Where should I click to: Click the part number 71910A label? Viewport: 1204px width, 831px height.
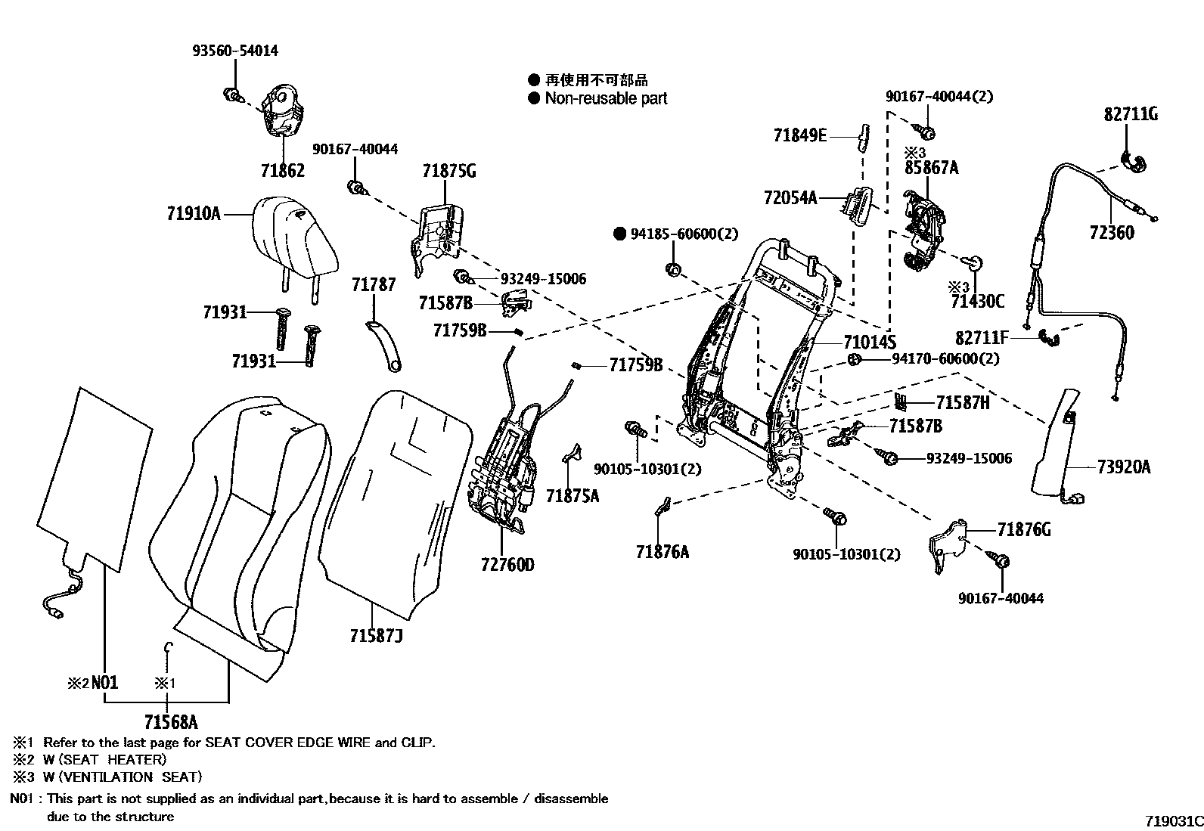(x=193, y=214)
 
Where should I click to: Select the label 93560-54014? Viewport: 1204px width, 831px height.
(x=234, y=51)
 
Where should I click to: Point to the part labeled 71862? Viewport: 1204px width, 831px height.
(x=281, y=113)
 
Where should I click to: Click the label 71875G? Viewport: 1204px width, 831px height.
(x=448, y=171)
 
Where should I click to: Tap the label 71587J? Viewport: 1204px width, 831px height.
(x=376, y=636)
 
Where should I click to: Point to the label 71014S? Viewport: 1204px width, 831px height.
(x=869, y=342)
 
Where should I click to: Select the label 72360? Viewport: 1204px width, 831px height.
(x=1112, y=232)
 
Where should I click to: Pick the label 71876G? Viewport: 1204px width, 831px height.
(x=1023, y=530)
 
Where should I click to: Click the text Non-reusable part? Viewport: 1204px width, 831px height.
(x=606, y=98)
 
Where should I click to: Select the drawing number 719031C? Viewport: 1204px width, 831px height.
(x=1173, y=820)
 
